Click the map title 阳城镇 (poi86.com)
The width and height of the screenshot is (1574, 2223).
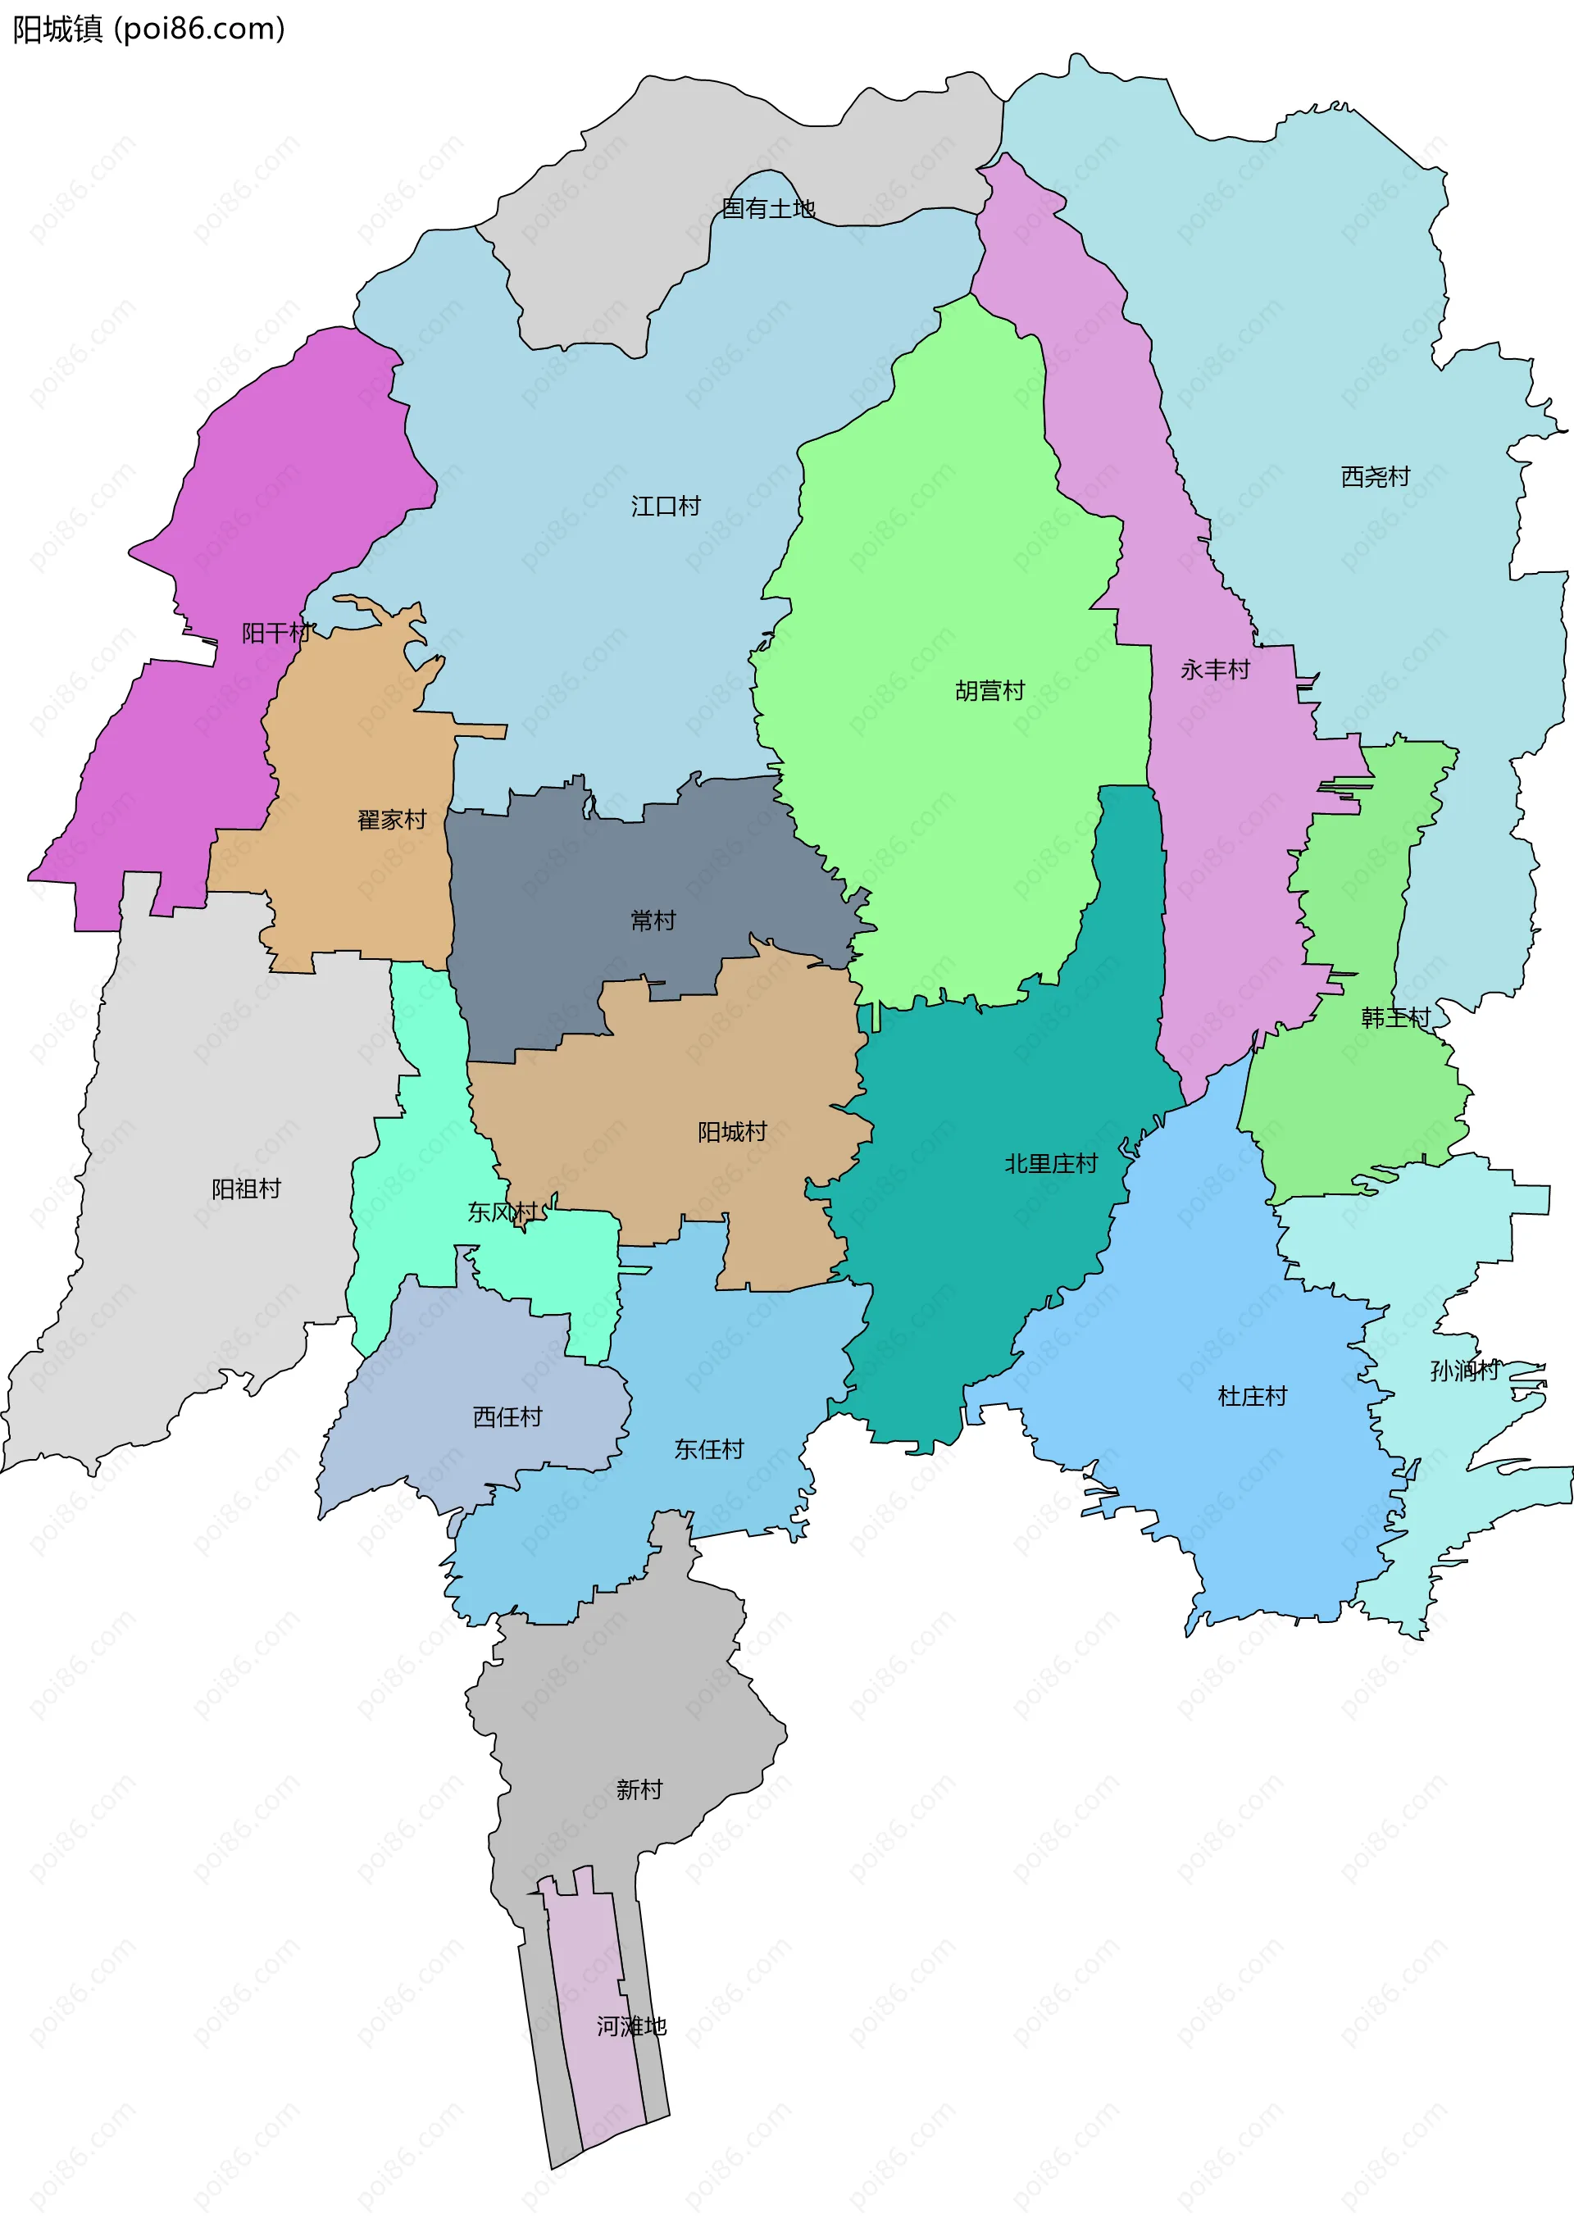pos(148,29)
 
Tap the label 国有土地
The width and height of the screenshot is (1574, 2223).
pos(767,208)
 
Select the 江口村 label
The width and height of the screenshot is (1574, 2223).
pos(665,506)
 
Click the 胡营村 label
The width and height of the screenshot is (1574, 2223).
pos(989,691)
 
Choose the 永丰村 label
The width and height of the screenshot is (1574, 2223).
pos(1214,670)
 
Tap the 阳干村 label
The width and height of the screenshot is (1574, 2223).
pos(276,634)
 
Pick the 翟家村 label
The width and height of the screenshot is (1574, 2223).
pos(392,820)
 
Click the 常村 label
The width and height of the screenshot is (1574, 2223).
pos(653,921)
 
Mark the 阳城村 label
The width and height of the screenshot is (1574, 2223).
pos(732,1132)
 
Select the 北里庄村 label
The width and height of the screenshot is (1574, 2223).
pos(1051,1164)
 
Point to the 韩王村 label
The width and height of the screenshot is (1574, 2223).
pos(1394,1017)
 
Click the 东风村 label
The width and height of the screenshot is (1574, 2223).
pos(503,1212)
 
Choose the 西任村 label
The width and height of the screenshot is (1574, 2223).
pos(507,1416)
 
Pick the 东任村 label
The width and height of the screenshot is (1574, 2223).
pos(708,1448)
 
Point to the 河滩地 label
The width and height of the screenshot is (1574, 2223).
pos(631,2026)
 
